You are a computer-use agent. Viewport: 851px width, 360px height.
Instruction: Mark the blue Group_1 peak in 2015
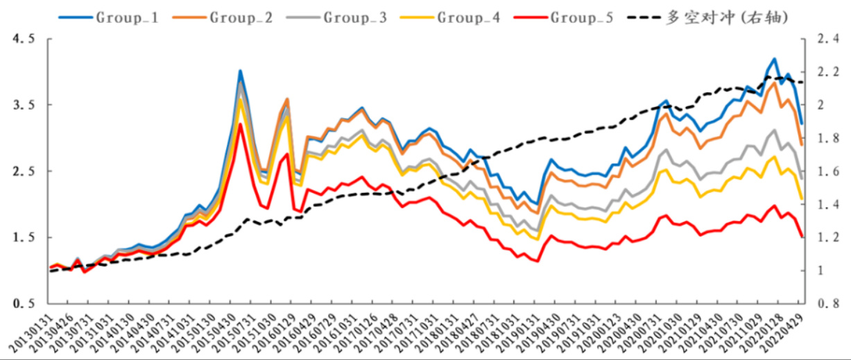(240, 70)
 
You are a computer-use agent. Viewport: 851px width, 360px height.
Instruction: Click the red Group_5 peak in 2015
(240, 124)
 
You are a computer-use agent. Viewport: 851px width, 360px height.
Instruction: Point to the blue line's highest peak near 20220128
(774, 59)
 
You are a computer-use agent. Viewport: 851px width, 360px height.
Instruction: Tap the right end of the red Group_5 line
(802, 237)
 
